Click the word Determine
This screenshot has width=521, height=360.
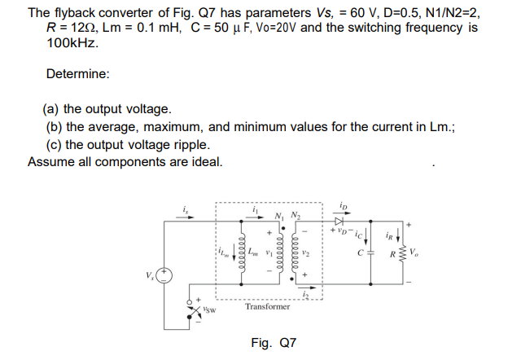(78, 74)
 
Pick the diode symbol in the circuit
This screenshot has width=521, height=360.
(339, 222)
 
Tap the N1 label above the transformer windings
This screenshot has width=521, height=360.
(280, 215)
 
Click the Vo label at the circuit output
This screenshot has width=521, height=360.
(418, 262)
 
